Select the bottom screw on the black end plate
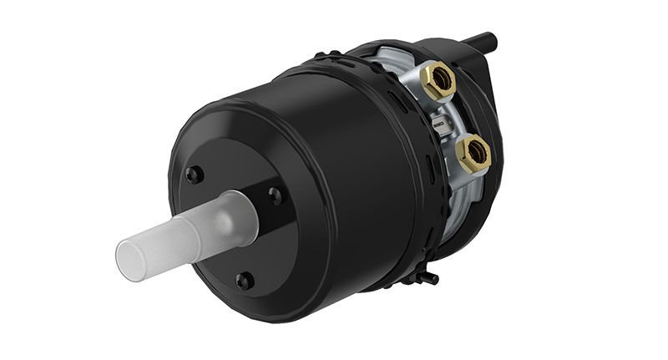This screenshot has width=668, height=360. (x=244, y=281)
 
